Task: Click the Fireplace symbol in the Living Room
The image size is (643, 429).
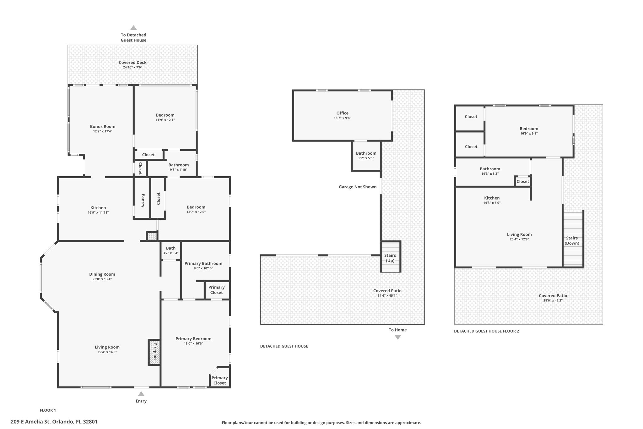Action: pyautogui.click(x=154, y=352)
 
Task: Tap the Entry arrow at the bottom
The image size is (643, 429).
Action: pyautogui.click(x=141, y=394)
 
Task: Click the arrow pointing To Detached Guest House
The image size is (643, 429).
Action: pyautogui.click(x=133, y=28)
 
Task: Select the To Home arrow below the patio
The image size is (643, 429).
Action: pyautogui.click(x=398, y=337)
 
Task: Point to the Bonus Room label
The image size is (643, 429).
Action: pyautogui.click(x=103, y=127)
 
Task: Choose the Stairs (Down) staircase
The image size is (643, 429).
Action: pyautogui.click(x=573, y=239)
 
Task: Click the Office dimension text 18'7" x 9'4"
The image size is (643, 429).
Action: pyautogui.click(x=342, y=118)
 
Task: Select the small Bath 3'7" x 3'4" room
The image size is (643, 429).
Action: pyautogui.click(x=171, y=250)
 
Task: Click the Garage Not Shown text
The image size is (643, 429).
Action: pyautogui.click(x=358, y=187)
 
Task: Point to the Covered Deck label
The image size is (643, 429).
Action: pyautogui.click(x=132, y=63)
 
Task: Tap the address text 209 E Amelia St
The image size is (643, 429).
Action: pyautogui.click(x=31, y=422)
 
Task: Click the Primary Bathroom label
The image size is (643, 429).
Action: pyautogui.click(x=203, y=264)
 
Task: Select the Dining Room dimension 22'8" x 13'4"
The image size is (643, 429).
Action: pyautogui.click(x=102, y=279)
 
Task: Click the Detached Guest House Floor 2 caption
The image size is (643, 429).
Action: pyautogui.click(x=486, y=331)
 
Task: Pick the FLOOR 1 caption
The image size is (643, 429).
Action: pyautogui.click(x=48, y=410)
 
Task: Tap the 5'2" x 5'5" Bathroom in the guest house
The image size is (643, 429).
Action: pyautogui.click(x=366, y=156)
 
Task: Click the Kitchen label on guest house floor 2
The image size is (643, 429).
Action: pyautogui.click(x=492, y=198)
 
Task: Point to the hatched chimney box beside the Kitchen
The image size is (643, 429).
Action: pyautogui.click(x=152, y=236)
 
